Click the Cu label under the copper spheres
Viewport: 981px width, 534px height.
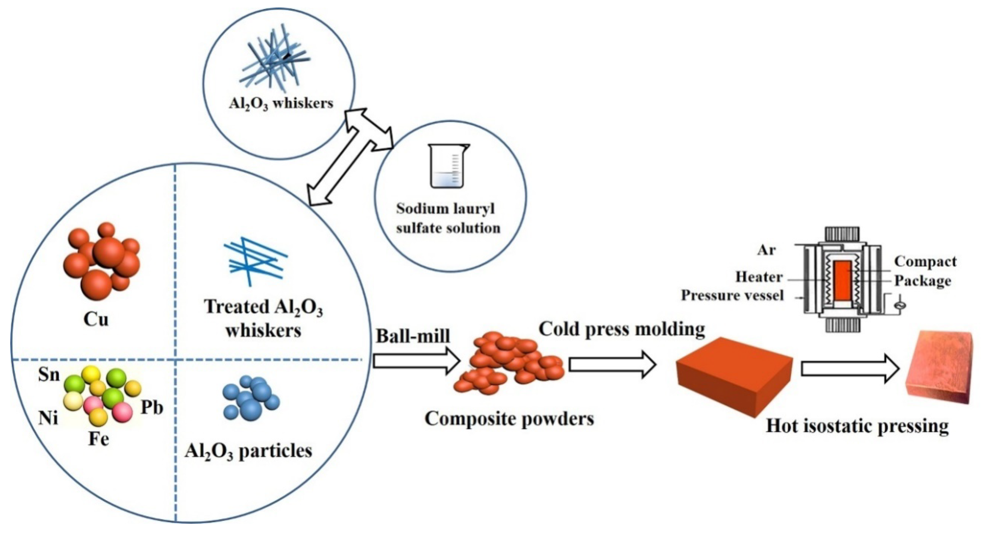pyautogui.click(x=96, y=319)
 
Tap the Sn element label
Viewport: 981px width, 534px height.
pyautogui.click(x=49, y=374)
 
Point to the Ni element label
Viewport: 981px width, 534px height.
pyautogui.click(x=48, y=418)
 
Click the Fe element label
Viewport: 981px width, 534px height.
pyautogui.click(x=99, y=439)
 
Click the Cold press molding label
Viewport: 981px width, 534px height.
pyautogui.click(x=621, y=329)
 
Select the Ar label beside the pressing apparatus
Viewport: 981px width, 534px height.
pyautogui.click(x=766, y=250)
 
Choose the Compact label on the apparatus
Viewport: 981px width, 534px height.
pyautogui.click(x=925, y=262)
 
